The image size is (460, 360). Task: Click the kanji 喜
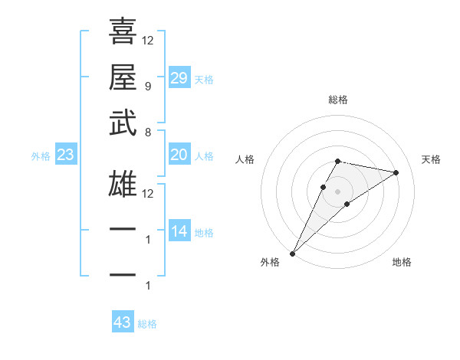point(123,31)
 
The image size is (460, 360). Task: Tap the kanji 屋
point(123,77)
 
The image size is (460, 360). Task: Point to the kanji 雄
point(123,185)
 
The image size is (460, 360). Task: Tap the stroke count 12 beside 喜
point(148,40)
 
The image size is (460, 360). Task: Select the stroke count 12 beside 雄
point(148,193)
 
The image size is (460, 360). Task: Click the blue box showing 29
point(179,77)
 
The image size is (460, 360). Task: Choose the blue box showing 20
point(179,155)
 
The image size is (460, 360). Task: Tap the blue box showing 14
point(179,231)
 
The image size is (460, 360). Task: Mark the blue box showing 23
point(65,155)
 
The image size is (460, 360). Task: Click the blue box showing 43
point(123,322)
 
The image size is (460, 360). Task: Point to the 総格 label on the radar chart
point(338,100)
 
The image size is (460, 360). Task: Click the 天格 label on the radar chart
point(432,159)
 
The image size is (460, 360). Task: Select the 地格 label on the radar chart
point(402,262)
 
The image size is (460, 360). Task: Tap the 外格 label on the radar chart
point(270,262)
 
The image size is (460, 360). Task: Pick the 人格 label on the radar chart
point(245,159)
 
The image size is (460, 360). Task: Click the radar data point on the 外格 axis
point(293,253)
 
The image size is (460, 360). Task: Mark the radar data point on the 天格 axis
point(396,172)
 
